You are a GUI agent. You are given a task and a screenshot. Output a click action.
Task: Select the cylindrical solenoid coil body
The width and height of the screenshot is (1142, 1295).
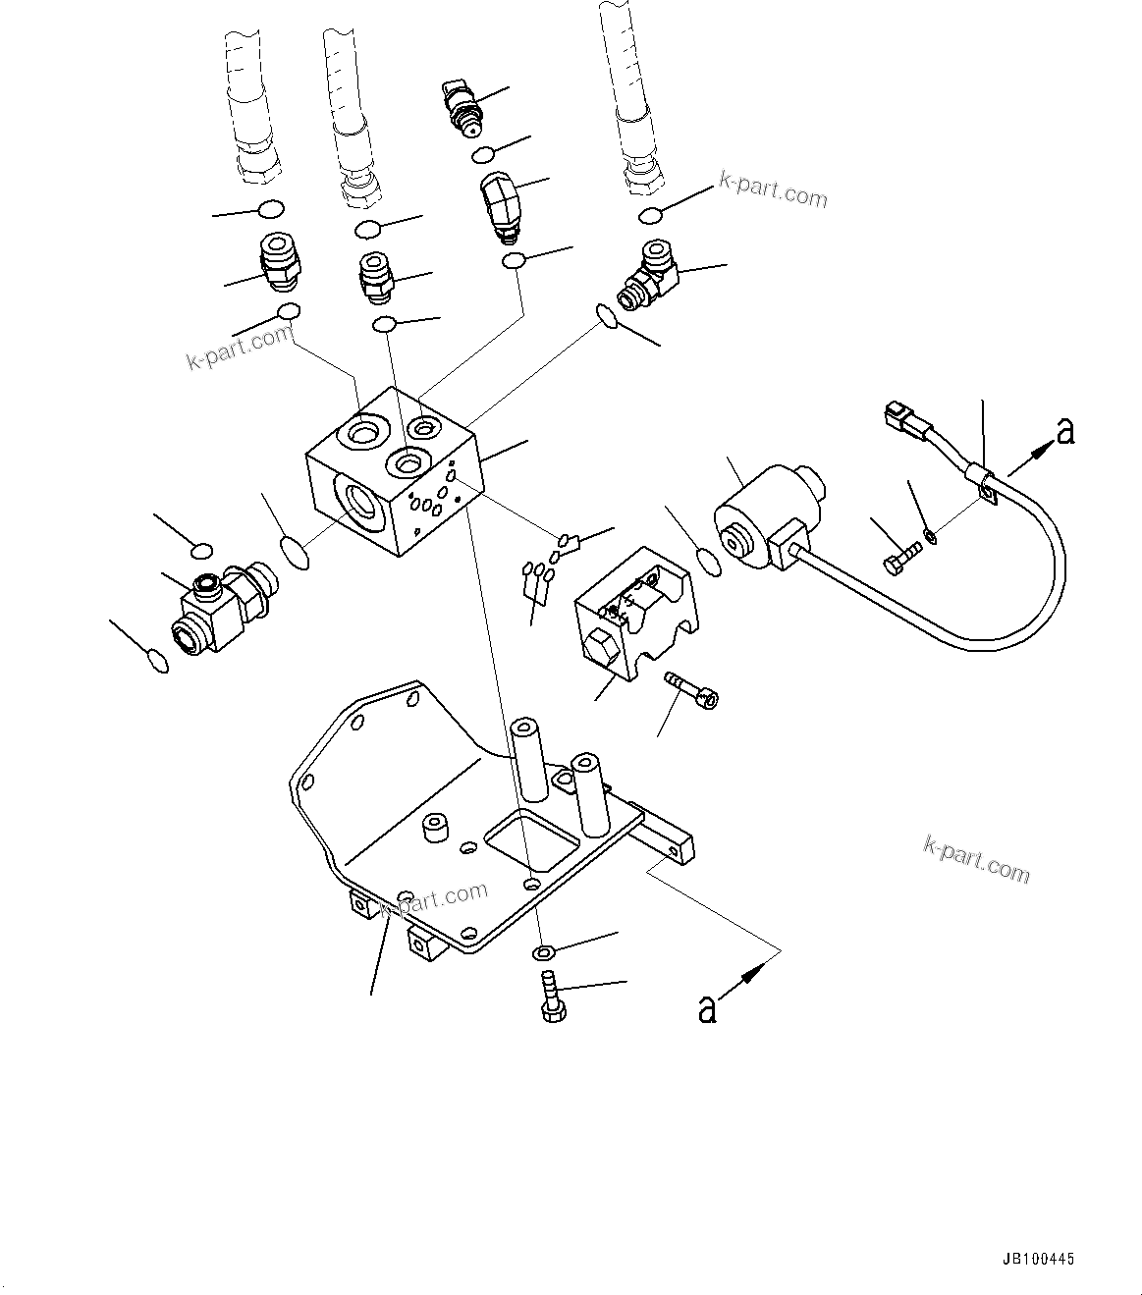coord(761,519)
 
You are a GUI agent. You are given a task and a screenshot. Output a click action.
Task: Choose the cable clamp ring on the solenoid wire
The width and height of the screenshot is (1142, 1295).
coord(983,484)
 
